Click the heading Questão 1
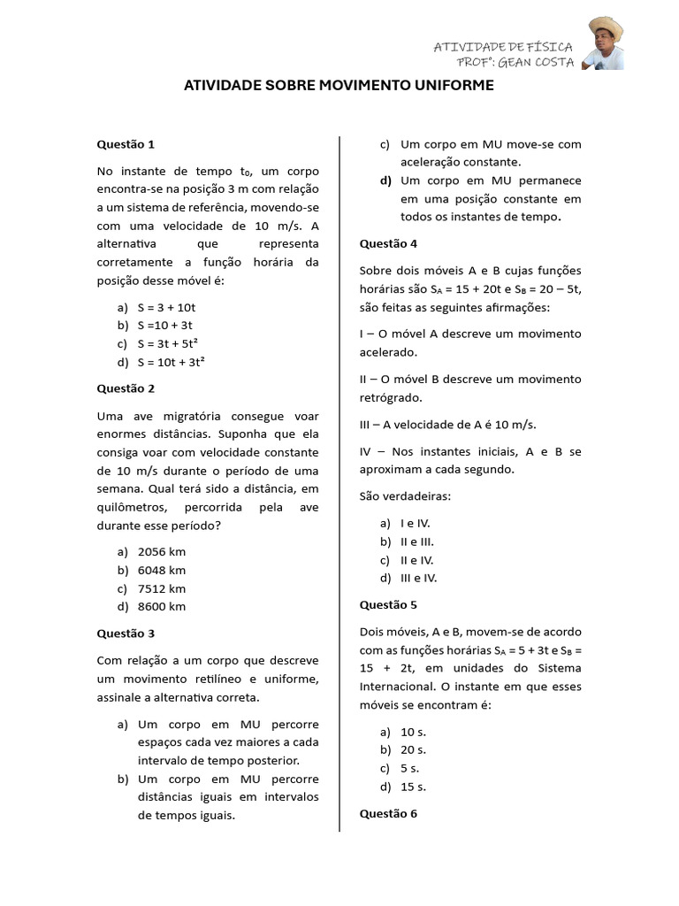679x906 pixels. click(x=126, y=143)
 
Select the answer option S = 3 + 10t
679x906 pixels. click(x=166, y=307)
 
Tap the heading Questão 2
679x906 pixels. click(x=126, y=388)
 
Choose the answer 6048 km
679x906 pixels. click(x=162, y=570)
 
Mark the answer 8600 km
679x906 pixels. click(x=162, y=606)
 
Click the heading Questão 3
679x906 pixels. click(x=126, y=633)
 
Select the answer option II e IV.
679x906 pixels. click(x=416, y=559)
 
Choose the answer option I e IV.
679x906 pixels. click(x=415, y=523)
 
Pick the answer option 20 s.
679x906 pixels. click(x=413, y=749)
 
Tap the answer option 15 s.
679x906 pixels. click(x=413, y=786)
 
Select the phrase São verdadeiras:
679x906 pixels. click(x=405, y=495)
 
